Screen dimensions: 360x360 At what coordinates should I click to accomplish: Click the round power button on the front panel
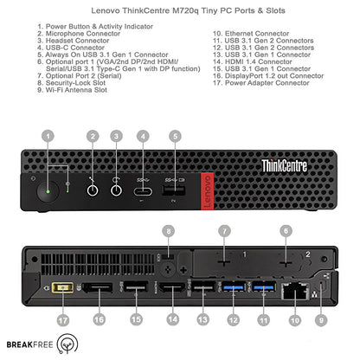coord(48,191)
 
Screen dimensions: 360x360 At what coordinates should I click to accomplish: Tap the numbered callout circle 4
coord(143,136)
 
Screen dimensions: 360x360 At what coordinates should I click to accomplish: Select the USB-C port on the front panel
coord(143,191)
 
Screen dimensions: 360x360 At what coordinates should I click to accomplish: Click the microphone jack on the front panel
coord(93,190)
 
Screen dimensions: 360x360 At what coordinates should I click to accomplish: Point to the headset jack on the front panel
coord(116,190)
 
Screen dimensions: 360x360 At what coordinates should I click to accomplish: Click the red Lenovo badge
coord(207,191)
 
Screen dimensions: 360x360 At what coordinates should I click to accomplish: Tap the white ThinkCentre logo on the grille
coord(284,166)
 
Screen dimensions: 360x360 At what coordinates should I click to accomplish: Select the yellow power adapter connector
coord(62,287)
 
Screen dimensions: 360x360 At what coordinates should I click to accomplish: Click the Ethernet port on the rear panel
coord(295,291)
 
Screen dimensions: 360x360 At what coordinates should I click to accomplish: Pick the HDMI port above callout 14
coord(172,288)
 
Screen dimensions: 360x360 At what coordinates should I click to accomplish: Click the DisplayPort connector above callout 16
coord(98,287)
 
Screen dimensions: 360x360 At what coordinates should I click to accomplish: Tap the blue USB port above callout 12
coord(234,287)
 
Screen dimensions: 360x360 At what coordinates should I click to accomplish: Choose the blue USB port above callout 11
coord(264,287)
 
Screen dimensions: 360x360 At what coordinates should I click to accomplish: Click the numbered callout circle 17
coord(63,320)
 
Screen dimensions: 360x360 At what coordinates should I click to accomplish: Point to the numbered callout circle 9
coord(321,320)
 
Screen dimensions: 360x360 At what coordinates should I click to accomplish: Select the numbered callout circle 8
coord(169,231)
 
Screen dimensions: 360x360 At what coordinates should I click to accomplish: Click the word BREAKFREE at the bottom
coord(29,344)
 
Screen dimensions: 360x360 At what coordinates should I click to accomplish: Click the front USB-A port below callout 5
coord(173,190)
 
